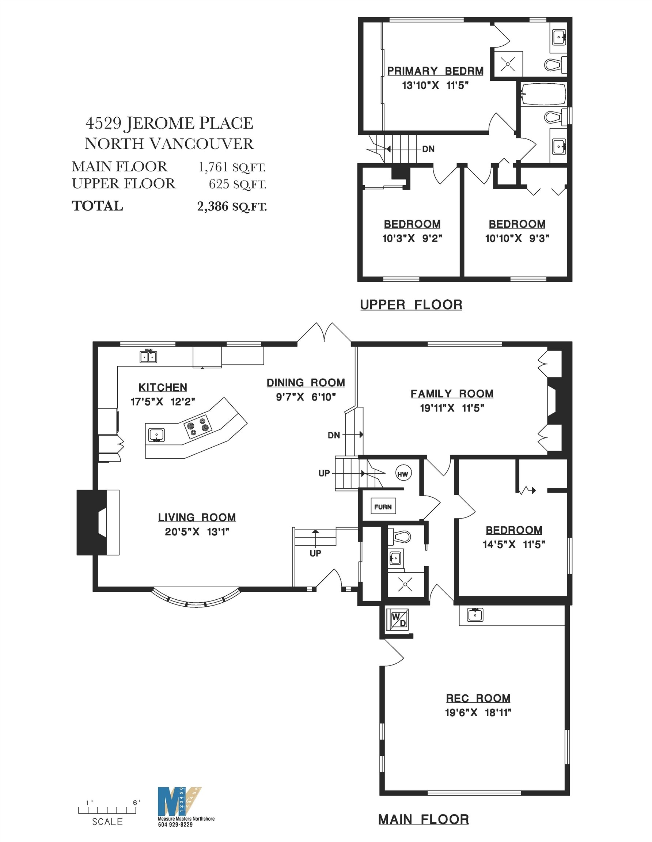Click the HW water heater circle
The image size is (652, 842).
click(x=402, y=474)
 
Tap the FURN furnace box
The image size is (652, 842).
click(x=383, y=507)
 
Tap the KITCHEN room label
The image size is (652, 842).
click(x=163, y=387)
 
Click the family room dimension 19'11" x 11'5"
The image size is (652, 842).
click(x=452, y=408)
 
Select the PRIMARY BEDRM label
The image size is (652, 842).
click(x=435, y=71)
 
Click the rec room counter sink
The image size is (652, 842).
click(x=475, y=614)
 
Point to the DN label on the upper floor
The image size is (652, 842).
click(x=428, y=149)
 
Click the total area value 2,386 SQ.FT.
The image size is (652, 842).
click(x=232, y=206)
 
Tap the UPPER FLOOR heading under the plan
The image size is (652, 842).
click(x=411, y=304)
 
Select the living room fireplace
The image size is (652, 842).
click(x=98, y=522)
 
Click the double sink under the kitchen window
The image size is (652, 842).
click(x=148, y=357)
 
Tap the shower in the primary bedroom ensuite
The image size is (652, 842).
click(x=507, y=64)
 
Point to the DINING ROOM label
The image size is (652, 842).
click(x=306, y=383)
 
